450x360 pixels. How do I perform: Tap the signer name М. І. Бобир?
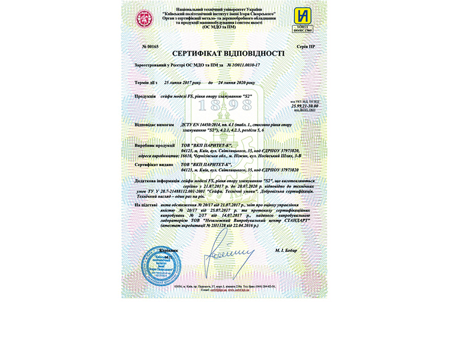pos(285,249)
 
